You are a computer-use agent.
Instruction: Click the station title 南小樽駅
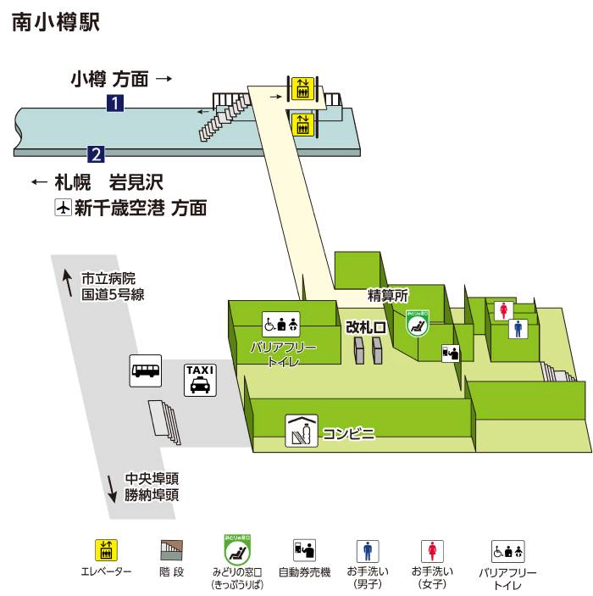[56, 23]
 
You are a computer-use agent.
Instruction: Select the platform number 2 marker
[96, 154]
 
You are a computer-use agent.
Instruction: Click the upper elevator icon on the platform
[302, 87]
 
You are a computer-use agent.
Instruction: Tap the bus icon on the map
[145, 370]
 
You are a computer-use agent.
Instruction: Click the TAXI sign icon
[200, 379]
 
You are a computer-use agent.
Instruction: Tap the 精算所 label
[388, 296]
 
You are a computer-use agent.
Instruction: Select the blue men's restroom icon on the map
[518, 328]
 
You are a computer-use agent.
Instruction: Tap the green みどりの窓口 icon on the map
[416, 324]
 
